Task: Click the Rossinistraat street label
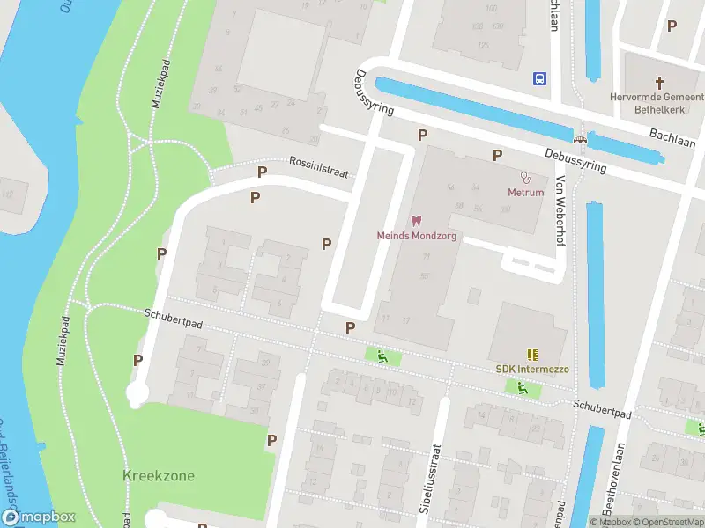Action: (x=319, y=168)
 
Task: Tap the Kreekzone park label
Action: (x=159, y=476)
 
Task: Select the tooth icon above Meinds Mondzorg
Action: (x=416, y=221)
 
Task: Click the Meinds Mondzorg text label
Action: (x=416, y=236)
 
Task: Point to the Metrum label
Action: (x=525, y=192)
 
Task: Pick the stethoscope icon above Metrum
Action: (x=525, y=177)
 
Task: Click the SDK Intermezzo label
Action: (x=531, y=369)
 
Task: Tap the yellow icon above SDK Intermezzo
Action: (x=531, y=354)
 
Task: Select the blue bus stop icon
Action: (x=539, y=77)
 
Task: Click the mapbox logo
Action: (x=39, y=517)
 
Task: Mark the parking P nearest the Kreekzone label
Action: (x=272, y=440)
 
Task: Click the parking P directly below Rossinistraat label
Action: (x=255, y=197)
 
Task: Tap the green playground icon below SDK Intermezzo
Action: (x=523, y=387)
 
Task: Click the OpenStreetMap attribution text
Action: (x=666, y=522)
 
